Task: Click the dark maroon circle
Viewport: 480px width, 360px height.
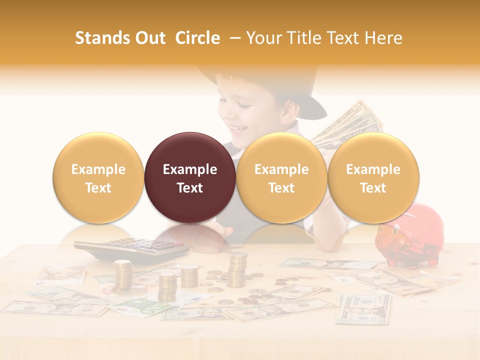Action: pyautogui.click(x=190, y=177)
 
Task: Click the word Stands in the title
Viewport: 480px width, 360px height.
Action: pyautogui.click(x=102, y=38)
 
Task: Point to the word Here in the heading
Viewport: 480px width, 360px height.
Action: pyautogui.click(x=382, y=38)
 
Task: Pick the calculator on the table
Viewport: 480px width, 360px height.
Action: pyautogui.click(x=131, y=248)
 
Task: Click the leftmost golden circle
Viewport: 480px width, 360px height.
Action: pyautogui.click(x=98, y=177)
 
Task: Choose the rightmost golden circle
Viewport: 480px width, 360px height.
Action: pyautogui.click(x=373, y=177)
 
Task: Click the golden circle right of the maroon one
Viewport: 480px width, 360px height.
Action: pyautogui.click(x=281, y=177)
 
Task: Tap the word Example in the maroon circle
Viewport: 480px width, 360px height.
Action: pyautogui.click(x=190, y=169)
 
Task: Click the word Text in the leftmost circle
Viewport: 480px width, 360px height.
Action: pyautogui.click(x=98, y=188)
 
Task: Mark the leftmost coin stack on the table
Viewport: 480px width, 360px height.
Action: pyautogui.click(x=123, y=275)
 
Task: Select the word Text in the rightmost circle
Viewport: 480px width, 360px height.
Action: pyautogui.click(x=373, y=188)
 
